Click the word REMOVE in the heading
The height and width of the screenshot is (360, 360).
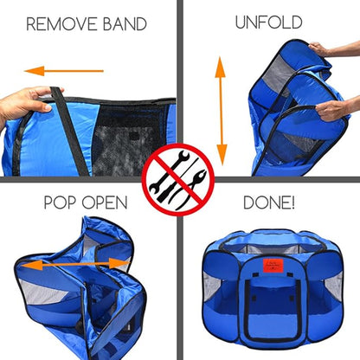61,24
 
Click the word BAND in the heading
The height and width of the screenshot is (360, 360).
125,24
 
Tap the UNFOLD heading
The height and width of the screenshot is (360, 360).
268,22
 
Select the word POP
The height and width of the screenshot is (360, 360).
61,202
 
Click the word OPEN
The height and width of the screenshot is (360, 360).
105,202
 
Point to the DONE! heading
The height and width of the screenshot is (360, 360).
269,202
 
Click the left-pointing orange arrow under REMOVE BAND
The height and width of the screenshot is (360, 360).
64,71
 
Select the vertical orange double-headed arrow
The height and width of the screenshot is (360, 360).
221,112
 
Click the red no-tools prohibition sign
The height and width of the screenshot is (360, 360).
178,180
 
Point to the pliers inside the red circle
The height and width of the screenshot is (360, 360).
188,189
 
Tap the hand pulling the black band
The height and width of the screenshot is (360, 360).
24,103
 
